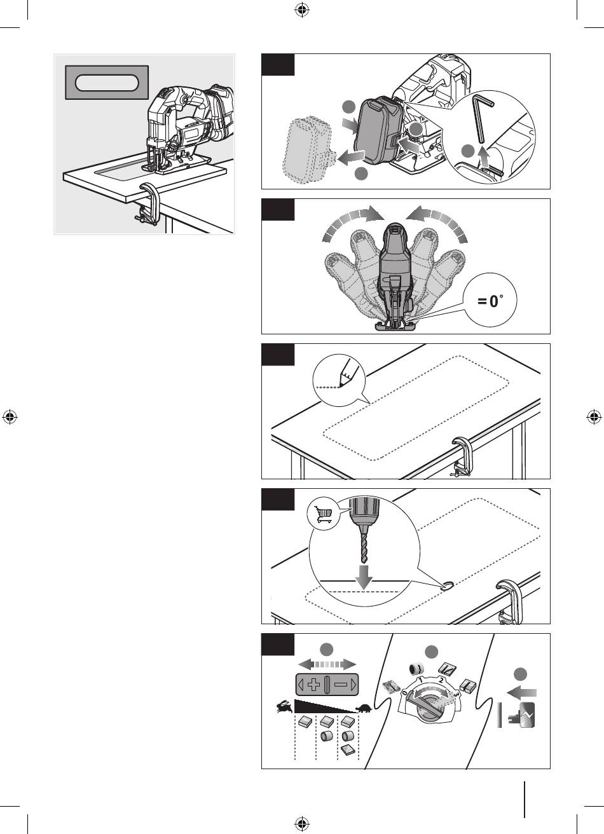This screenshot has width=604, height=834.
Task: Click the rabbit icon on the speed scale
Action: click(285, 706)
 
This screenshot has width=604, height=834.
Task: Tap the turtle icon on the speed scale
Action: click(364, 708)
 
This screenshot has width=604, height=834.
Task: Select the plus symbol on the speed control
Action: click(314, 685)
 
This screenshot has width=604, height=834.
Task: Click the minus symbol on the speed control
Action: click(340, 685)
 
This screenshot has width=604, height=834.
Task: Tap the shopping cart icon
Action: click(323, 515)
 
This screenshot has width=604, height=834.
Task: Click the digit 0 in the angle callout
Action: click(493, 301)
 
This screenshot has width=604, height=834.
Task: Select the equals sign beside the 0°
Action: click(482, 301)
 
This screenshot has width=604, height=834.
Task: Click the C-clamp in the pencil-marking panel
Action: click(462, 457)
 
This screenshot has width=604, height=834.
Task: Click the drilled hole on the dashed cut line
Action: click(446, 586)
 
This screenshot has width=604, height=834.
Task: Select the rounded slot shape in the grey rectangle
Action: click(107, 83)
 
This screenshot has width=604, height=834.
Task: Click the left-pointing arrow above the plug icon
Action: click(522, 693)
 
